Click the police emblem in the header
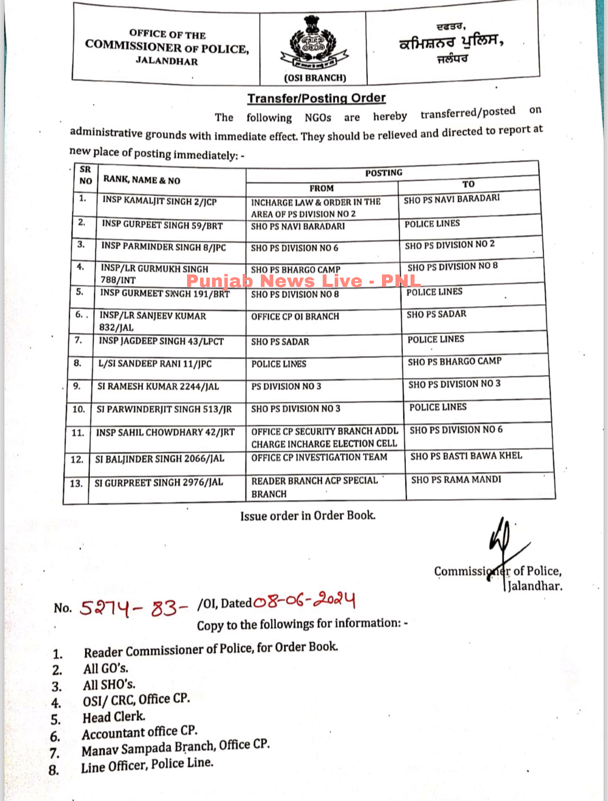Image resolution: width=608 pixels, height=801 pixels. tap(313, 43)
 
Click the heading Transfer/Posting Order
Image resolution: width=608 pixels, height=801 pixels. tap(316, 98)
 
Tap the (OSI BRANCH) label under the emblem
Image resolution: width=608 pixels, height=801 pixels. tap(315, 78)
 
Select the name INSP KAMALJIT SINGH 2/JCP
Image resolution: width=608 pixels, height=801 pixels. tap(159, 201)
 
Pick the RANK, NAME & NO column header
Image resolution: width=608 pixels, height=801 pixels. tap(142, 180)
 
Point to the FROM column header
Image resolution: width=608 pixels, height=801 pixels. tap(321, 188)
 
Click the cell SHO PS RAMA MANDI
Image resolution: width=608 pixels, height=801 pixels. tap(456, 479)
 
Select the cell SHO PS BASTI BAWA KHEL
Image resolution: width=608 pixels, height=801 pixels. tap(466, 456)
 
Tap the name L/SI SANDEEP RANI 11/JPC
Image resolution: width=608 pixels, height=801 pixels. tap(155, 364)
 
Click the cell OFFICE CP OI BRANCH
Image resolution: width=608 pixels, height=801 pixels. tap(295, 317)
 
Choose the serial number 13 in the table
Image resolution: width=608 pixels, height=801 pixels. tap(76, 483)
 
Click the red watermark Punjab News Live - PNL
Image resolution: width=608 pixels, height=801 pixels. tap(303, 281)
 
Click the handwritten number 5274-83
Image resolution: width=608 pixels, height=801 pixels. tap(133, 608)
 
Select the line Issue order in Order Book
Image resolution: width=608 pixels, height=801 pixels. tap(308, 516)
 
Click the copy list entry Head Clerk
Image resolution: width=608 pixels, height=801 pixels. tap(114, 717)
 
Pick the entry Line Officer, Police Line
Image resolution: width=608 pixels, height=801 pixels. tap(147, 765)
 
